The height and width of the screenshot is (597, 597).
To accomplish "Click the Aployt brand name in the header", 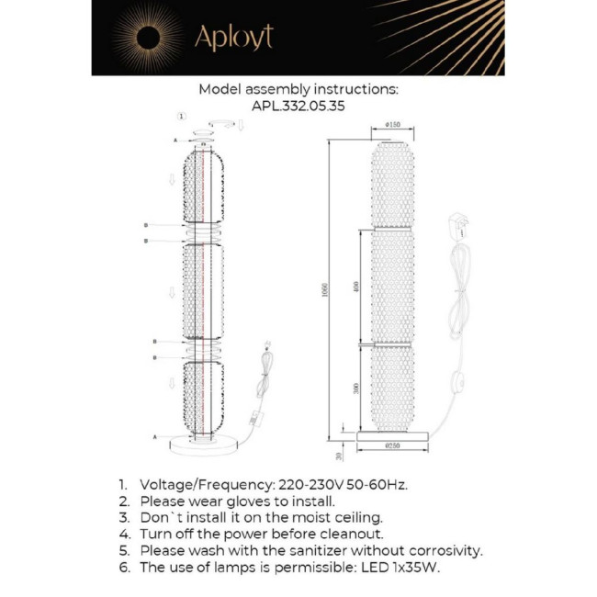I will (x=232, y=37).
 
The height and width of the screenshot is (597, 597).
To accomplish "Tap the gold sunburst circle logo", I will (x=147, y=38).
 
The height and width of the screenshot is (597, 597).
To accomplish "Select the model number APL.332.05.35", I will (x=298, y=106).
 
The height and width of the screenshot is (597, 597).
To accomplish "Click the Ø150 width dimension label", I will (x=392, y=125).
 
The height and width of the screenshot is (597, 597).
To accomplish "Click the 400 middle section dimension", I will (x=355, y=287).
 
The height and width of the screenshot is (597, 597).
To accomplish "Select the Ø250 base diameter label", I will (x=393, y=445).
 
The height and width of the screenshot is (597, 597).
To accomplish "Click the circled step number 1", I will (x=181, y=117).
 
